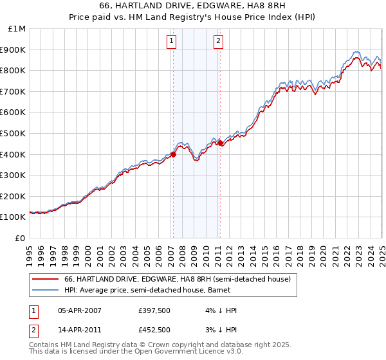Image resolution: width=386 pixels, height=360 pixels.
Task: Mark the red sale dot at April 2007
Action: pyautogui.click(x=173, y=154)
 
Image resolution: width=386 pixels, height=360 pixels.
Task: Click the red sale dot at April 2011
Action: pyautogui.click(x=220, y=143)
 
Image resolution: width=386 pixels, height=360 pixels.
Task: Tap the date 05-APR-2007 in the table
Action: pyautogui.click(x=80, y=310)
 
